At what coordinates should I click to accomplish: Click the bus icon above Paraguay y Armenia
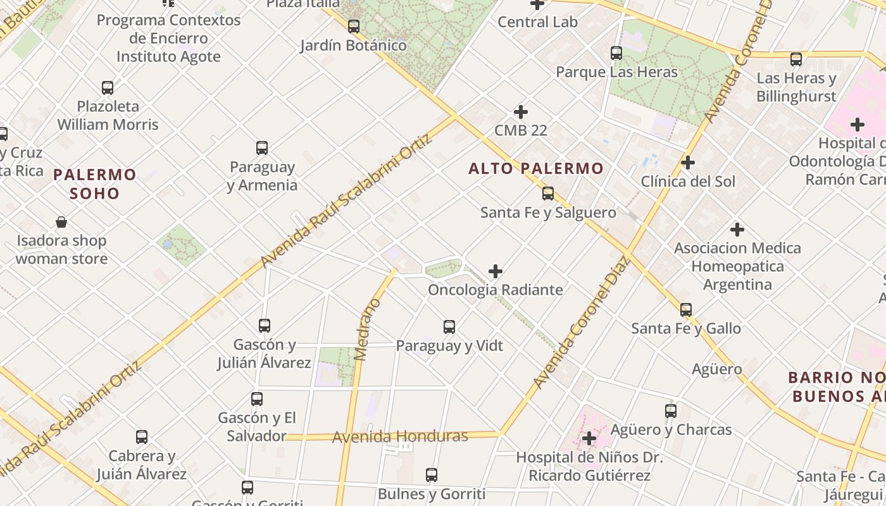tap(262, 148)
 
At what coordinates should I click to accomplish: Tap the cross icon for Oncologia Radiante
tap(496, 271)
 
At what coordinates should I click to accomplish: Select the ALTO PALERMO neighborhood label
tap(536, 169)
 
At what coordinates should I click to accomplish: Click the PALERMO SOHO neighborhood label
tap(95, 183)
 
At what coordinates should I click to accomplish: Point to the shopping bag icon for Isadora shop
tap(61, 222)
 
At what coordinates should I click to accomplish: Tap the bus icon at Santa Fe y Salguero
tap(548, 194)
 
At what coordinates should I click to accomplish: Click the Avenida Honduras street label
tap(400, 436)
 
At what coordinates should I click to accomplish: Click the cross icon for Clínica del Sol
tap(688, 163)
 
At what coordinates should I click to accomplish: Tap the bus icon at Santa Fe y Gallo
tap(686, 310)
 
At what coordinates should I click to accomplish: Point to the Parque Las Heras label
tap(616, 72)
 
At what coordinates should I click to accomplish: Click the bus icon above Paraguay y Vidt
tap(449, 327)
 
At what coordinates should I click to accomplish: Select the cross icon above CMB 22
tap(521, 112)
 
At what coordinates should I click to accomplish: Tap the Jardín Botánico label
tap(353, 46)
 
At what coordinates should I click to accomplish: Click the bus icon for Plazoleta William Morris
tap(108, 87)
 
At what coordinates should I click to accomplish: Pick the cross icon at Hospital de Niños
tap(589, 438)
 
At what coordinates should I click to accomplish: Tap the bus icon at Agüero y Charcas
tap(671, 411)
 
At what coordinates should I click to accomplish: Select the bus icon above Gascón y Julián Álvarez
tap(265, 326)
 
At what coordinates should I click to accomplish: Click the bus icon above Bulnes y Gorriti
tap(432, 475)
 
